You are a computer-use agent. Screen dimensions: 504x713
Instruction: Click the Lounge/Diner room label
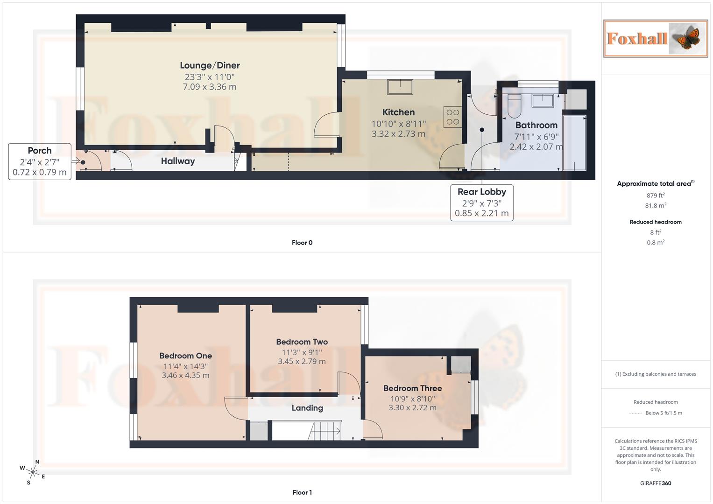(210, 65)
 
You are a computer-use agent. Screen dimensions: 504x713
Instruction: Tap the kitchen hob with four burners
(452, 117)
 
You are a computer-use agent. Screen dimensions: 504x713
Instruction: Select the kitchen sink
(400, 87)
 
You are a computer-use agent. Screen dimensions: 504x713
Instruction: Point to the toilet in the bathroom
(514, 106)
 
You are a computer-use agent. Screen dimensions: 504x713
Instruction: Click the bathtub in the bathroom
(574, 142)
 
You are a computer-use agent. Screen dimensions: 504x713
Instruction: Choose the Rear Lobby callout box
(481, 203)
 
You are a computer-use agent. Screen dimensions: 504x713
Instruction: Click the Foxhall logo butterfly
(686, 38)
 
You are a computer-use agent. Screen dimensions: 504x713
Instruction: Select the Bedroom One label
(185, 356)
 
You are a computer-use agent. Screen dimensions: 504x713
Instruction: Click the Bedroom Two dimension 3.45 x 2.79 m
(302, 361)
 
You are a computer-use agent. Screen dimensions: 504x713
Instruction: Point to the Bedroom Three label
(412, 388)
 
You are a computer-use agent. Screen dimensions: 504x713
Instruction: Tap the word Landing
(307, 408)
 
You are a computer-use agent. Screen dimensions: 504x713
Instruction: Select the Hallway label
(177, 161)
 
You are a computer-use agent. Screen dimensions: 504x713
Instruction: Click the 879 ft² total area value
(655, 196)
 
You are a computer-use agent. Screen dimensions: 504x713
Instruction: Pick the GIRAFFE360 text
(655, 483)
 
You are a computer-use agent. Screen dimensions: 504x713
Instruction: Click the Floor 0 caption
(302, 243)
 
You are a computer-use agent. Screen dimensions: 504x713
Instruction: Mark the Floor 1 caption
(302, 492)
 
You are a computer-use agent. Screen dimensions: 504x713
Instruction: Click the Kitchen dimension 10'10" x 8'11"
(398, 124)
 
